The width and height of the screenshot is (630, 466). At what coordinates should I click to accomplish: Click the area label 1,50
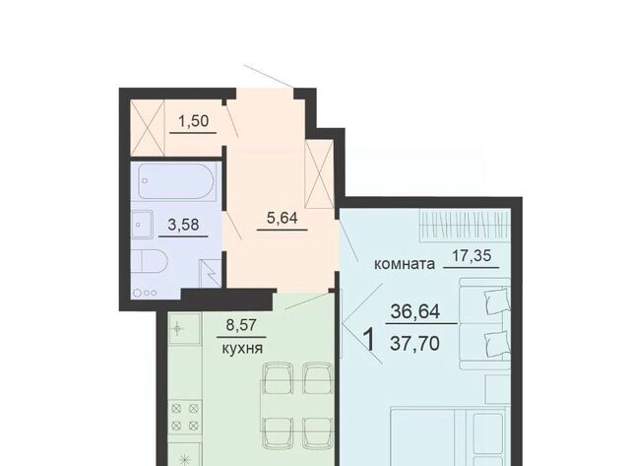(194, 120)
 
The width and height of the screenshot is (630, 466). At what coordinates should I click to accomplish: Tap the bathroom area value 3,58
(183, 225)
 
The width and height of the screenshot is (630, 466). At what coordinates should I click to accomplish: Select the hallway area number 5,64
(283, 218)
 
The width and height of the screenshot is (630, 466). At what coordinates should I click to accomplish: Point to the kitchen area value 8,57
(241, 325)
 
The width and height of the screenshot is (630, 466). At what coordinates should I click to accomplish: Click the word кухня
(243, 348)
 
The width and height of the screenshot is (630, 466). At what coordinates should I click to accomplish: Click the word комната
(405, 264)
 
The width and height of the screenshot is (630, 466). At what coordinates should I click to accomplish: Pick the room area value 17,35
(472, 255)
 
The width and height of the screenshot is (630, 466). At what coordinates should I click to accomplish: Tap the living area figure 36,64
(415, 311)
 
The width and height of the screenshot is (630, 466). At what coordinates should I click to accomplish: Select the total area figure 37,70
(414, 344)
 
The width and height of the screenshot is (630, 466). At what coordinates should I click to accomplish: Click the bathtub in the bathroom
(176, 181)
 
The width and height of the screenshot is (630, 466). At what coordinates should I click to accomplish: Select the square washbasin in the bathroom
(142, 225)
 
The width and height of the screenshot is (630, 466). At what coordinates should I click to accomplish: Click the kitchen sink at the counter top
(185, 330)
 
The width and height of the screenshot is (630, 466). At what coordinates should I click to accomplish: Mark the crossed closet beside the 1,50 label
(148, 127)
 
